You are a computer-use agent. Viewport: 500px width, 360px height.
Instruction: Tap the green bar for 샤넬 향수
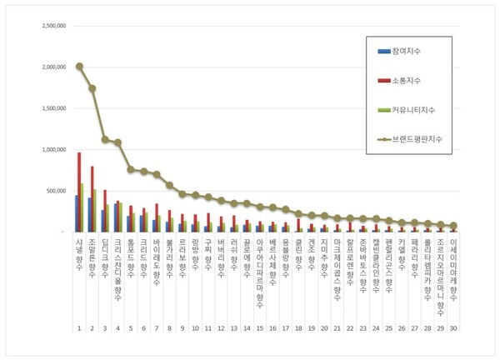[x=82, y=207]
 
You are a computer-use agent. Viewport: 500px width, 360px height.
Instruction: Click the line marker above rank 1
[x=79, y=66]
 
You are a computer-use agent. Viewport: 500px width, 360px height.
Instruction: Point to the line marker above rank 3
[x=105, y=139]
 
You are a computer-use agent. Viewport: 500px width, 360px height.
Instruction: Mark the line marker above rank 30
[x=452, y=225]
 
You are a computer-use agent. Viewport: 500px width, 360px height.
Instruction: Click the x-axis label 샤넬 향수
[x=79, y=250]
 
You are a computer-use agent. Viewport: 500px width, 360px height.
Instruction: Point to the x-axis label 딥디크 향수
[x=105, y=253]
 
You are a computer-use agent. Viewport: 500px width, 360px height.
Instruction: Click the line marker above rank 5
[x=131, y=169]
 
